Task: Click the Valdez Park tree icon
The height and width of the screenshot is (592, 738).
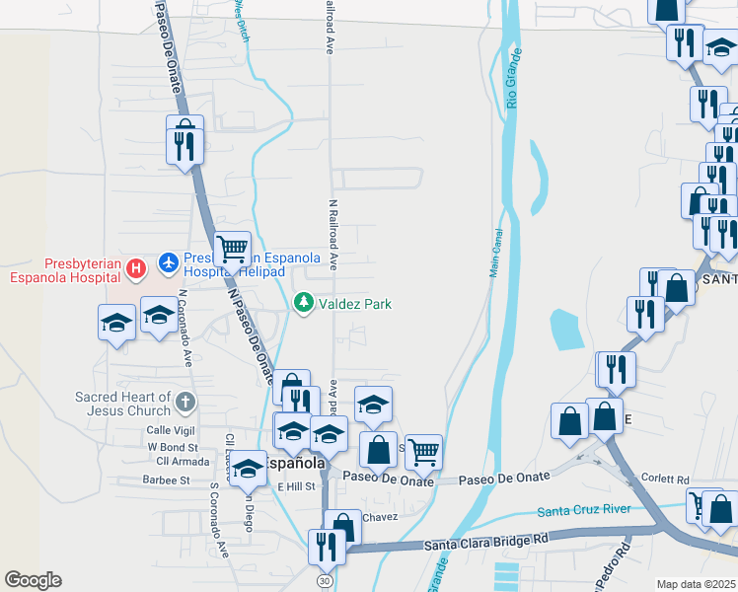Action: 305,303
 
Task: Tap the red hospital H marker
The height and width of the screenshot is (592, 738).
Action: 137,266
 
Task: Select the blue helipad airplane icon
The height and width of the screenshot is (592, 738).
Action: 169,263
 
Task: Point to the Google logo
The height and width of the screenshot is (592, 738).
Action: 33,580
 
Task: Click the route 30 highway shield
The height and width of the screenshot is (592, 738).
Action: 325,582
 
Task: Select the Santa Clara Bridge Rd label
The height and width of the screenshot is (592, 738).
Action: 485,542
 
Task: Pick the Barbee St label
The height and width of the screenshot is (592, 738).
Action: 165,481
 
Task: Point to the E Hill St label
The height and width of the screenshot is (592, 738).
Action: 295,486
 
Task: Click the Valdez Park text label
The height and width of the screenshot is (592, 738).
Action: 355,304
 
